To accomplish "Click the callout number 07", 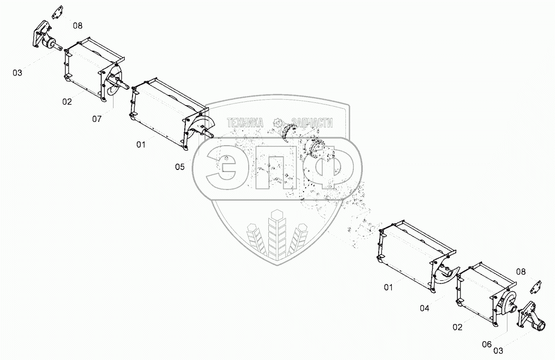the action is (x=97, y=119).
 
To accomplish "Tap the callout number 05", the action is (x=180, y=167).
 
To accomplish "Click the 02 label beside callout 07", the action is (x=67, y=102).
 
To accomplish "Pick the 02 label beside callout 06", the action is (x=457, y=327).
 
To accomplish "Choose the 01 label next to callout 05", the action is (x=140, y=144).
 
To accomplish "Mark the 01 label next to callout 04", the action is (x=389, y=287).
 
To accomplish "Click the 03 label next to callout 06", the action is (x=497, y=350).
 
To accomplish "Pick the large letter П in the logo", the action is (x=275, y=167).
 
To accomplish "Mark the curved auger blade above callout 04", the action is (x=445, y=274).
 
